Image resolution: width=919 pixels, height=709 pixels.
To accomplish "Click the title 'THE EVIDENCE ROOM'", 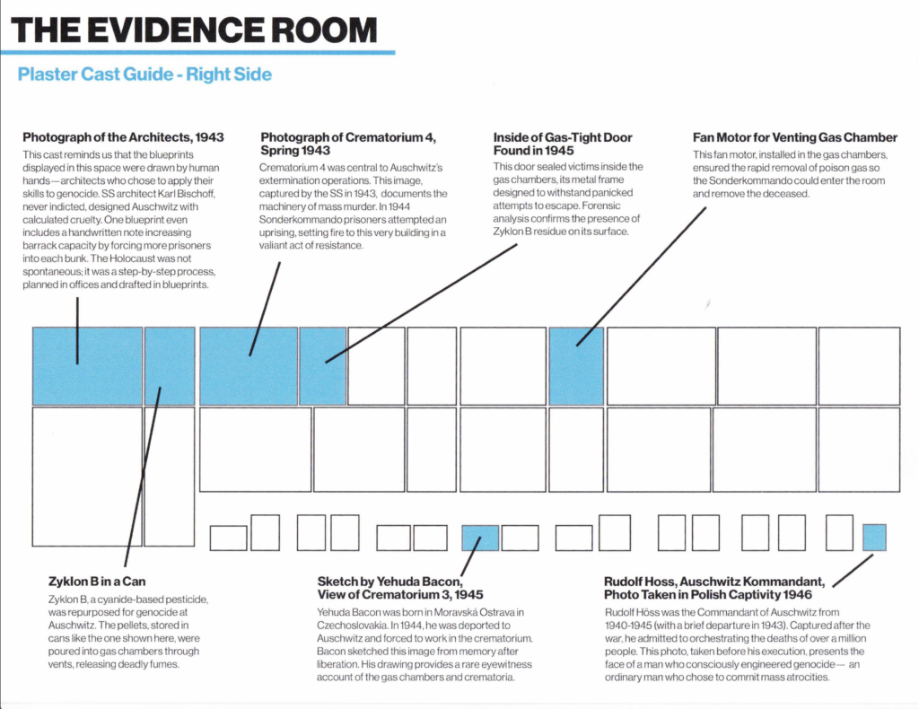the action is tap(194, 30).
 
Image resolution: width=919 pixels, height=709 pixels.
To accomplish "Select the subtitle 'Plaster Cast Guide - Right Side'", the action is tap(144, 74).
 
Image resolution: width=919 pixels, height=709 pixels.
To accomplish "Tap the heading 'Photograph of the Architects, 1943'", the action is tap(123, 137).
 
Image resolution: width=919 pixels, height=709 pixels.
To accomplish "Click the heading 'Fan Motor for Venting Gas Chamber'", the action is tap(795, 137).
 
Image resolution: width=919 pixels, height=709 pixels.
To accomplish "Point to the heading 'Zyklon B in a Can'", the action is tap(97, 582).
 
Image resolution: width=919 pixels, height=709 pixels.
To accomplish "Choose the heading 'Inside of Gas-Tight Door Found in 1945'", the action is tap(563, 144).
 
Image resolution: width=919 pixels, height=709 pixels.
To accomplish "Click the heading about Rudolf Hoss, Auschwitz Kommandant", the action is tap(714, 588).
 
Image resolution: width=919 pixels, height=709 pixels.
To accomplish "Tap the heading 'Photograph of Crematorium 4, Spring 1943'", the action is tap(348, 144).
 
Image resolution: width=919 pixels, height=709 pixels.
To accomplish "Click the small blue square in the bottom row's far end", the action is tap(874, 538).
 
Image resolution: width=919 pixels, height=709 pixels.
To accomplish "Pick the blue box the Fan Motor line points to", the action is tap(576, 366).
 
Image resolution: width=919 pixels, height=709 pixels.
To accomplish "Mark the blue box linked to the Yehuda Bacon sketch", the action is tap(480, 538).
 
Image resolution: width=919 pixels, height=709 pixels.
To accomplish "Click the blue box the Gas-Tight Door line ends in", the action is tap(322, 366).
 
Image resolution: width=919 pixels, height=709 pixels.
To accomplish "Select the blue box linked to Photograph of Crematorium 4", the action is tap(249, 366).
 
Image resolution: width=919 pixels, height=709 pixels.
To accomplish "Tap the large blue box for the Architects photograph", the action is tap(87, 366).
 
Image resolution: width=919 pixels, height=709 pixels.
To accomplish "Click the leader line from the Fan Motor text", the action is tap(641, 276).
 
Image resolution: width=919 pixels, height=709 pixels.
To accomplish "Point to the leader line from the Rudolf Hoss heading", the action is tap(853, 571).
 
